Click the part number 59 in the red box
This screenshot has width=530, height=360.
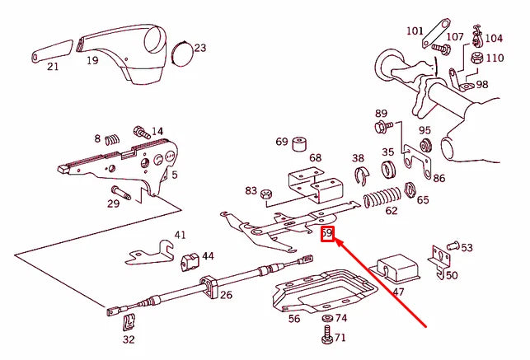(327, 234)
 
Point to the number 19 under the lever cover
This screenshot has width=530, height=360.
(92, 60)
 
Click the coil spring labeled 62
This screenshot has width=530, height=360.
(382, 198)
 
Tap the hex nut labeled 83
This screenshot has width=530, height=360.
(265, 194)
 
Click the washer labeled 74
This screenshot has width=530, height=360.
(326, 319)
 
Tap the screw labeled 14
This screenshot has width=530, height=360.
(139, 131)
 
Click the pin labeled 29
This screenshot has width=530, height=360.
(124, 194)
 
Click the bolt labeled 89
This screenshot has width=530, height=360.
(382, 127)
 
